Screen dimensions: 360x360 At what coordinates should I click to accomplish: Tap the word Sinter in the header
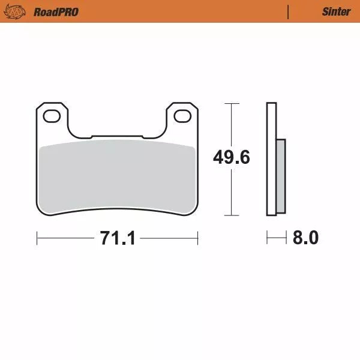(336, 11)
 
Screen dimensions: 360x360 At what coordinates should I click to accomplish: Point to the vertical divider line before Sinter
(289, 11)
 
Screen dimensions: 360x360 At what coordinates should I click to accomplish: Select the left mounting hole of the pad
(51, 116)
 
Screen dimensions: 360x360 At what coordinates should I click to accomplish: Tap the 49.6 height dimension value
(232, 158)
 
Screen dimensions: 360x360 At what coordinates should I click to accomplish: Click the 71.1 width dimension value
(118, 238)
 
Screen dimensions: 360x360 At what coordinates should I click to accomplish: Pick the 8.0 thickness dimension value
(305, 238)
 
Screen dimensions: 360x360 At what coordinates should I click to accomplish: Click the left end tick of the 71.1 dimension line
(37, 238)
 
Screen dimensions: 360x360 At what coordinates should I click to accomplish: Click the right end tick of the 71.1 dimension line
(198, 238)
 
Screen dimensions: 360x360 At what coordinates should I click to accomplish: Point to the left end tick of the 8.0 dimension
(268, 238)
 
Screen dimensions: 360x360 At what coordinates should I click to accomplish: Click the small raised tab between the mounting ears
(118, 136)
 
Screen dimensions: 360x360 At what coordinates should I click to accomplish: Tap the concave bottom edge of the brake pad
(118, 210)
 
